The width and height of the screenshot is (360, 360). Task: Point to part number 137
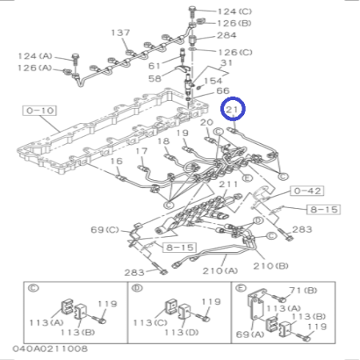click(x=120, y=34)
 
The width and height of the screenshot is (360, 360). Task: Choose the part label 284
click(x=226, y=36)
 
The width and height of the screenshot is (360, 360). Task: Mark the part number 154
click(x=214, y=82)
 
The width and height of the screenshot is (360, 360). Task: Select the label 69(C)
click(x=104, y=230)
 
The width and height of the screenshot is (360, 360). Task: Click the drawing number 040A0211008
click(x=50, y=349)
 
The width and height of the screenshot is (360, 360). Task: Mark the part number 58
click(x=154, y=78)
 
